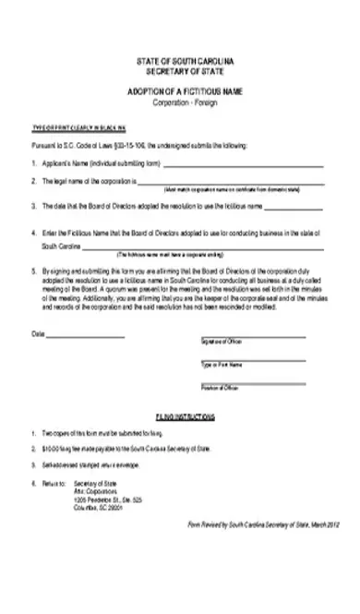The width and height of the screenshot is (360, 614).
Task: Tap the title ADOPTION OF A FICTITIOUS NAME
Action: coord(180,93)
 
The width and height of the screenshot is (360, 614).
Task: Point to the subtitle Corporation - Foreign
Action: coord(180,102)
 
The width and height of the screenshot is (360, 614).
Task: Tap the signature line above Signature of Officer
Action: coord(252,311)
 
